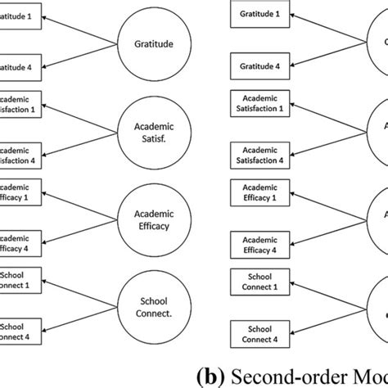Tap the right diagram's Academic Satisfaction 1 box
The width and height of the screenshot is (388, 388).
(258, 101)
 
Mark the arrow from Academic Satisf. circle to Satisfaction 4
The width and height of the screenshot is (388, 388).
(82, 142)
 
